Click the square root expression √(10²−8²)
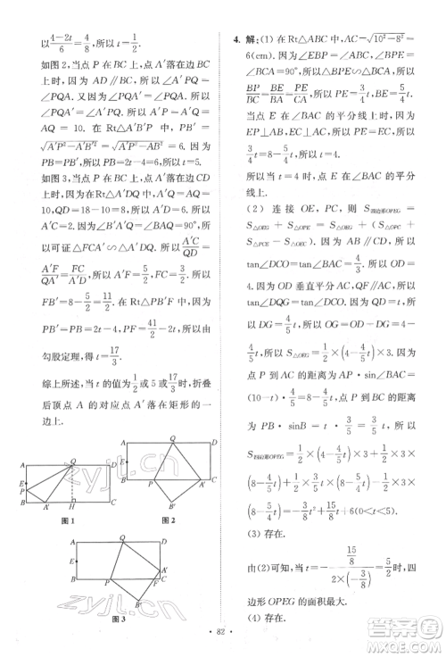click(x=357, y=40)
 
